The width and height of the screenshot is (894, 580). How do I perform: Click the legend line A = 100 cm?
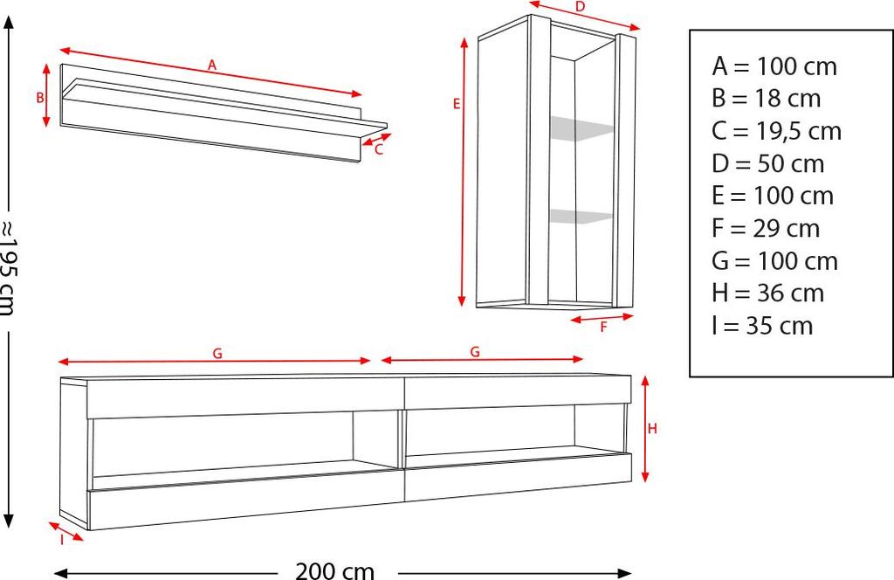(x=774, y=66)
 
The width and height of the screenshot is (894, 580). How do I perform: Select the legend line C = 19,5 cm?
(x=776, y=131)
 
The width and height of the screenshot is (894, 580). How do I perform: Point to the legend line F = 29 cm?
(x=766, y=228)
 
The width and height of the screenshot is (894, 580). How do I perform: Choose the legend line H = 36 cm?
(x=767, y=293)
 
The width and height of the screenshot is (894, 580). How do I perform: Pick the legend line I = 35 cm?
(x=762, y=325)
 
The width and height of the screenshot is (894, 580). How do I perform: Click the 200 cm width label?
(x=334, y=571)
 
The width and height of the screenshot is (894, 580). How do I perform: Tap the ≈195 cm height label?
(x=9, y=266)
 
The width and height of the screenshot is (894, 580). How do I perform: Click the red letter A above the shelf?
(x=211, y=65)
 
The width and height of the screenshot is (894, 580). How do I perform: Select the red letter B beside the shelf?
(x=40, y=98)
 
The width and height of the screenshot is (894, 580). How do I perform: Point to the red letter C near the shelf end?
(x=378, y=149)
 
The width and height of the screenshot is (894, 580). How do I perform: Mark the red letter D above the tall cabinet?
(x=580, y=8)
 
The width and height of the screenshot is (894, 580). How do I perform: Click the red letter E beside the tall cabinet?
(x=457, y=104)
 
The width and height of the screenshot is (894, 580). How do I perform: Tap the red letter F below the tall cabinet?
(x=603, y=328)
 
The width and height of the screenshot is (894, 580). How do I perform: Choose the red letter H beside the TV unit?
(x=651, y=428)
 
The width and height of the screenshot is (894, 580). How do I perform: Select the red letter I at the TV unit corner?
(x=61, y=540)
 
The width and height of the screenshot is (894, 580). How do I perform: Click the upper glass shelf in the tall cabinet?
(x=581, y=128)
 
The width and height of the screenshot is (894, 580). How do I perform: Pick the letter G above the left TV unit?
(x=217, y=353)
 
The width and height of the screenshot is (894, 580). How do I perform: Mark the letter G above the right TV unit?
(x=475, y=352)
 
